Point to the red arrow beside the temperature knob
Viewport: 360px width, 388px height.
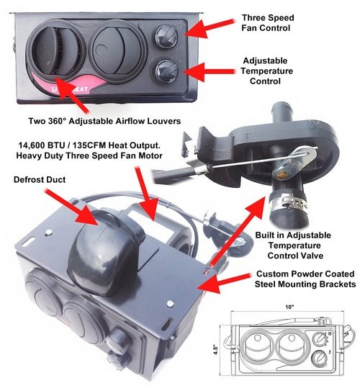[x=212, y=71]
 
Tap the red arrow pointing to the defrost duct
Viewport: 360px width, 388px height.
[x=75, y=204]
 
